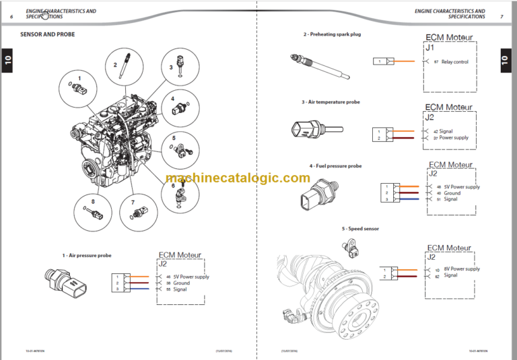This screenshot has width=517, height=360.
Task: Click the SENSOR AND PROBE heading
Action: point(48,34)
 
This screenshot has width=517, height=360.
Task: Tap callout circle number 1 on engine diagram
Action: point(79,87)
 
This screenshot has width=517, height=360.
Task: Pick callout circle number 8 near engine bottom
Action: point(93,211)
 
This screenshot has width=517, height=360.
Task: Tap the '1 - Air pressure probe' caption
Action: point(88,256)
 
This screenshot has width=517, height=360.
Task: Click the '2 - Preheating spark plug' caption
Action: point(331,34)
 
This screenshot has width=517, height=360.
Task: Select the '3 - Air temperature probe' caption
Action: point(331,102)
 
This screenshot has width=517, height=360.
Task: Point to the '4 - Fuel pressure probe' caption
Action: point(335,166)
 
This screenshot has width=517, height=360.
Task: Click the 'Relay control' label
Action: point(454,62)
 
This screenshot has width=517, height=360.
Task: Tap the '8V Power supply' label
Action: point(461,269)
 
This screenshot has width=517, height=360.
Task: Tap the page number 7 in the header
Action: point(502,16)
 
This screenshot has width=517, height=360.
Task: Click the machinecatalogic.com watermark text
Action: point(238,178)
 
